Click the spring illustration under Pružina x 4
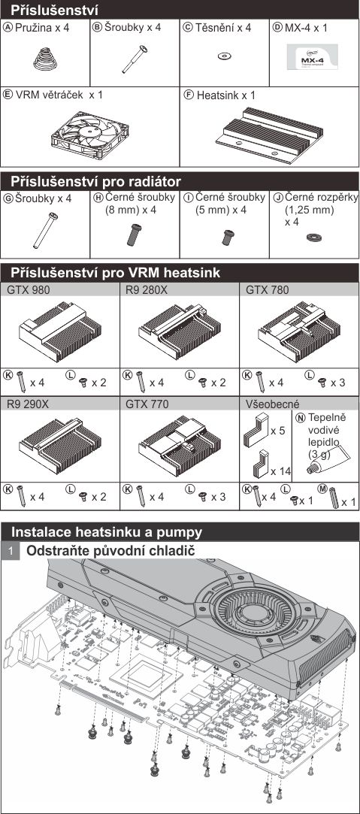(x=45, y=59)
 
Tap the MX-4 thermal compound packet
(x=313, y=56)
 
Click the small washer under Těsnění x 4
(x=224, y=56)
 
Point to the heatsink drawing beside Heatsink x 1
(x=269, y=135)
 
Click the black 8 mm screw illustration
(x=135, y=235)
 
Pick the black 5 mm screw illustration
(x=227, y=237)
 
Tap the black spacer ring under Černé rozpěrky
(x=313, y=238)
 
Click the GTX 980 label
(x=29, y=289)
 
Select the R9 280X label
(x=147, y=289)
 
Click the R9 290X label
(x=28, y=404)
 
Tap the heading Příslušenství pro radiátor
(x=96, y=182)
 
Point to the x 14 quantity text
(x=280, y=471)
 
